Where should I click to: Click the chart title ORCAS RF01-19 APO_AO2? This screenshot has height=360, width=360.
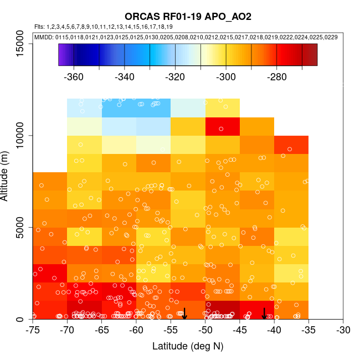tap(180, 17)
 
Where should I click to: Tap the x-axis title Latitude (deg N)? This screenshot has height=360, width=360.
tap(188, 346)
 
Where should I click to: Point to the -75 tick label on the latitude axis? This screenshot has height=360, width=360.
tap(33, 330)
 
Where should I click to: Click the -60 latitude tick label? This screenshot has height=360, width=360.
tap(136, 330)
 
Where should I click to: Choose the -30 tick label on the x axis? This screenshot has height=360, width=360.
tap(343, 330)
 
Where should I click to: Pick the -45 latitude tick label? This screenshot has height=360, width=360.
tap(240, 330)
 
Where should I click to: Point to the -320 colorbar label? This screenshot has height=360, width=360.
tap(175, 76)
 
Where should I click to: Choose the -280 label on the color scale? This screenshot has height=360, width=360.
tap(276, 76)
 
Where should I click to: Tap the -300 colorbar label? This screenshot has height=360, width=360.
tap(226, 76)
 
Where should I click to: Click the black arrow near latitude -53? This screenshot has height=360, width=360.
tap(184, 313)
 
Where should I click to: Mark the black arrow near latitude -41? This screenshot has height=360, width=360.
tap(264, 313)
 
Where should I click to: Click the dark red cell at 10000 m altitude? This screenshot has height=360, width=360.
tap(222, 126)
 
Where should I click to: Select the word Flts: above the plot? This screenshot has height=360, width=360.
tap(39, 27)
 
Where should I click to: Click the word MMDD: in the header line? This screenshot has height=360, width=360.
tap(44, 37)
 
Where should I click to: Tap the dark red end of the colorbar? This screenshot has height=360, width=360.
tap(310, 55)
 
